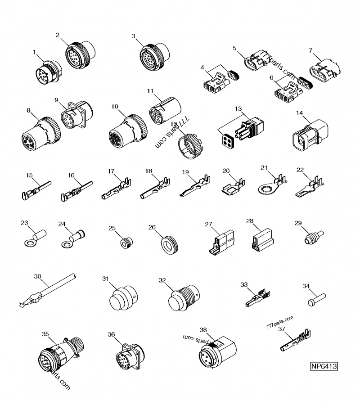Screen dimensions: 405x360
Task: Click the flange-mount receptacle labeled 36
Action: point(127,358)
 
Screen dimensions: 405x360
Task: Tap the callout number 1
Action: point(34,53)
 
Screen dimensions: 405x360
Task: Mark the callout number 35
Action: point(45,334)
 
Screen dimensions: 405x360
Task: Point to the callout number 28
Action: point(251,221)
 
